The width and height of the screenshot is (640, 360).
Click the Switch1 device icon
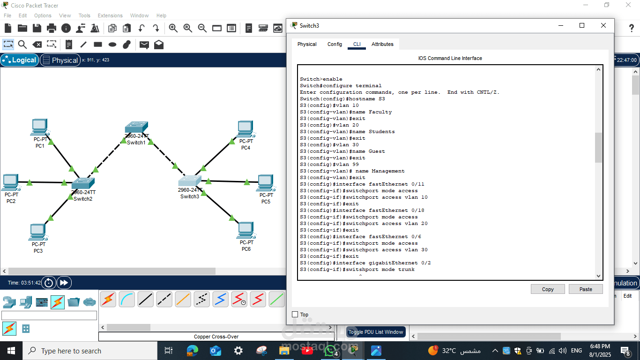(x=136, y=127)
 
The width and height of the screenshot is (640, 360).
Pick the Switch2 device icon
(x=83, y=183)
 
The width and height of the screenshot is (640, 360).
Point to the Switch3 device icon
(x=190, y=181)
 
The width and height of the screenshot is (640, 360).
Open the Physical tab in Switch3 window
(x=307, y=44)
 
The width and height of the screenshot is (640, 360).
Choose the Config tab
(x=335, y=44)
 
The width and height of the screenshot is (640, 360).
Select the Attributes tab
(x=382, y=44)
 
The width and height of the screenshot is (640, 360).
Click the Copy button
(x=548, y=289)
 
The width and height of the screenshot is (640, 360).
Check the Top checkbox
(x=295, y=315)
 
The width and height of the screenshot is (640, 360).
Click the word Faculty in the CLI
(x=380, y=112)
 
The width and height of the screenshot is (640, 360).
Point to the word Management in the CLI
(x=388, y=171)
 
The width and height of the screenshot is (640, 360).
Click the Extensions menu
(x=110, y=15)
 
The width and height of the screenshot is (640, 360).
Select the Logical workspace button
(x=19, y=60)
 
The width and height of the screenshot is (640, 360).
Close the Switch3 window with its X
(x=603, y=26)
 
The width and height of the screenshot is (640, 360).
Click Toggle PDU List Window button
(x=376, y=332)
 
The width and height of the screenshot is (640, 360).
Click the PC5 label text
(x=266, y=202)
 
